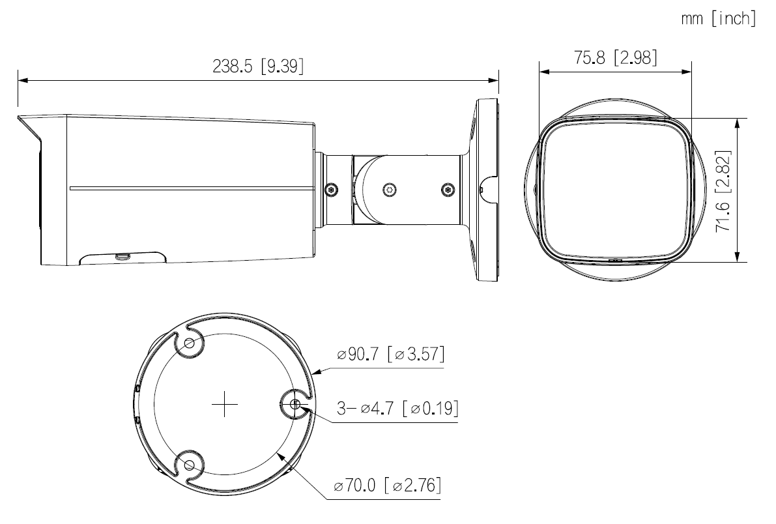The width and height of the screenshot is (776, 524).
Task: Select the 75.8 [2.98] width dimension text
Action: pyautogui.click(x=615, y=57)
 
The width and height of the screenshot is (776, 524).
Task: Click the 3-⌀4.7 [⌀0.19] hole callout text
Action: pyautogui.click(x=397, y=409)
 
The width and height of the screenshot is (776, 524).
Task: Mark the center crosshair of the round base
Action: pyautogui.click(x=224, y=405)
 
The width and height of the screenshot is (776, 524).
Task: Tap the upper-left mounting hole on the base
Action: pyautogui.click(x=190, y=343)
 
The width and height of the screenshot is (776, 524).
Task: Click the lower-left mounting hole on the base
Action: pyautogui.click(x=189, y=465)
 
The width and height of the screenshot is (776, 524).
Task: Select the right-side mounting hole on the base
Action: pyautogui.click(x=295, y=405)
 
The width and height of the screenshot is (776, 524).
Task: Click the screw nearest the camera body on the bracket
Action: pyautogui.click(x=331, y=189)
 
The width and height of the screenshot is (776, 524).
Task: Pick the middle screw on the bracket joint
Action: pyautogui.click(x=388, y=189)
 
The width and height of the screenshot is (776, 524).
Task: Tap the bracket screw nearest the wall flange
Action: pyautogui.click(x=446, y=189)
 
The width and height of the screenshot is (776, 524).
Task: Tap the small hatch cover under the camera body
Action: pyautogui.click(x=121, y=259)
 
